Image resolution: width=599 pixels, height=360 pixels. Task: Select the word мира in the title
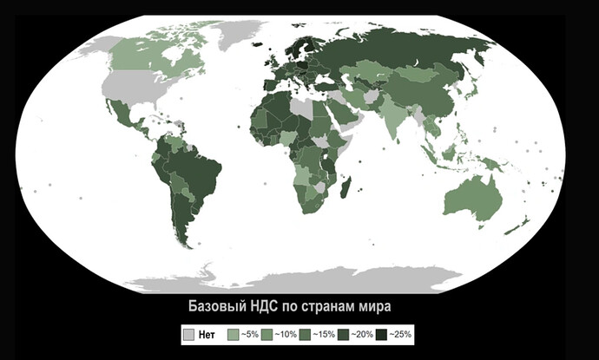click(375, 307)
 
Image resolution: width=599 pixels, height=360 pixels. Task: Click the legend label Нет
click(207, 333)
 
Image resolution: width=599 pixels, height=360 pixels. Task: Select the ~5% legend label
click(249, 333)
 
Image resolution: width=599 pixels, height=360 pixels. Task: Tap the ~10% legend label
click(286, 333)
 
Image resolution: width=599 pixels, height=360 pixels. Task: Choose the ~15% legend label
click(326, 333)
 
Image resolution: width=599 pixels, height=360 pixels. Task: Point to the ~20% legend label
click(364, 333)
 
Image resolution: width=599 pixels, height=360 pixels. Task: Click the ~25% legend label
click(401, 333)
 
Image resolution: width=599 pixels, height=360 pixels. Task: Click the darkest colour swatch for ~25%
click(382, 333)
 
